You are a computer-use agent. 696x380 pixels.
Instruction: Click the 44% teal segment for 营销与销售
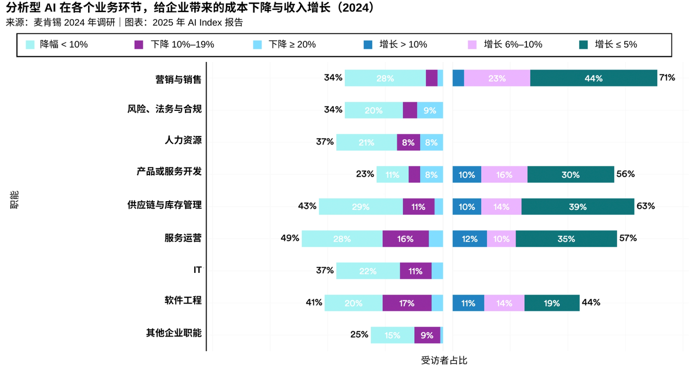pos(593,78)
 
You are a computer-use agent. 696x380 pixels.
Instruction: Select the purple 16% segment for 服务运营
pos(406,239)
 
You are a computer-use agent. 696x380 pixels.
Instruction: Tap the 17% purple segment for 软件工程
pos(407,303)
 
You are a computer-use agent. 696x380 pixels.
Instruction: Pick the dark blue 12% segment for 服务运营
pos(470,239)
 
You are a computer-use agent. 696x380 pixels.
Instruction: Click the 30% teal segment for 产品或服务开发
pos(570,175)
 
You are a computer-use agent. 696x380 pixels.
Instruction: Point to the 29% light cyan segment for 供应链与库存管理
pos(361,207)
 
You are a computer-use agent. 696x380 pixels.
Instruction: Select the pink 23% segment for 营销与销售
pos(497,78)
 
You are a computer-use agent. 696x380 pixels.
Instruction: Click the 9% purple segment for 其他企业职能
pos(427,335)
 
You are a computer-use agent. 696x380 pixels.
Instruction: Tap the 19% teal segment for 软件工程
pos(551,303)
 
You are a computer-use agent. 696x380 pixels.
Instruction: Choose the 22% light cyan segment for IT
pos(368,271)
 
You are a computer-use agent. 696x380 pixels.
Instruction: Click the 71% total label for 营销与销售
pos(667,78)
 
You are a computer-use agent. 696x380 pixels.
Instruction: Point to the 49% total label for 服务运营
pos(290,238)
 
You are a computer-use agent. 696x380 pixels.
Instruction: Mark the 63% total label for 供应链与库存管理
pos(645,206)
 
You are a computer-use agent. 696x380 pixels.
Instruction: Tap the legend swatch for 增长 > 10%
pos(369,45)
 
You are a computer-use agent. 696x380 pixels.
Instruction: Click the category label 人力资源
pos(183,140)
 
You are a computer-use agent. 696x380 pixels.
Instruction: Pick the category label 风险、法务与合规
pos(164,109)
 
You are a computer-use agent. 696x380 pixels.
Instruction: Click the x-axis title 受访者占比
pos(444,360)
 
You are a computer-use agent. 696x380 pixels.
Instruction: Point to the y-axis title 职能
pos(14,200)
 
